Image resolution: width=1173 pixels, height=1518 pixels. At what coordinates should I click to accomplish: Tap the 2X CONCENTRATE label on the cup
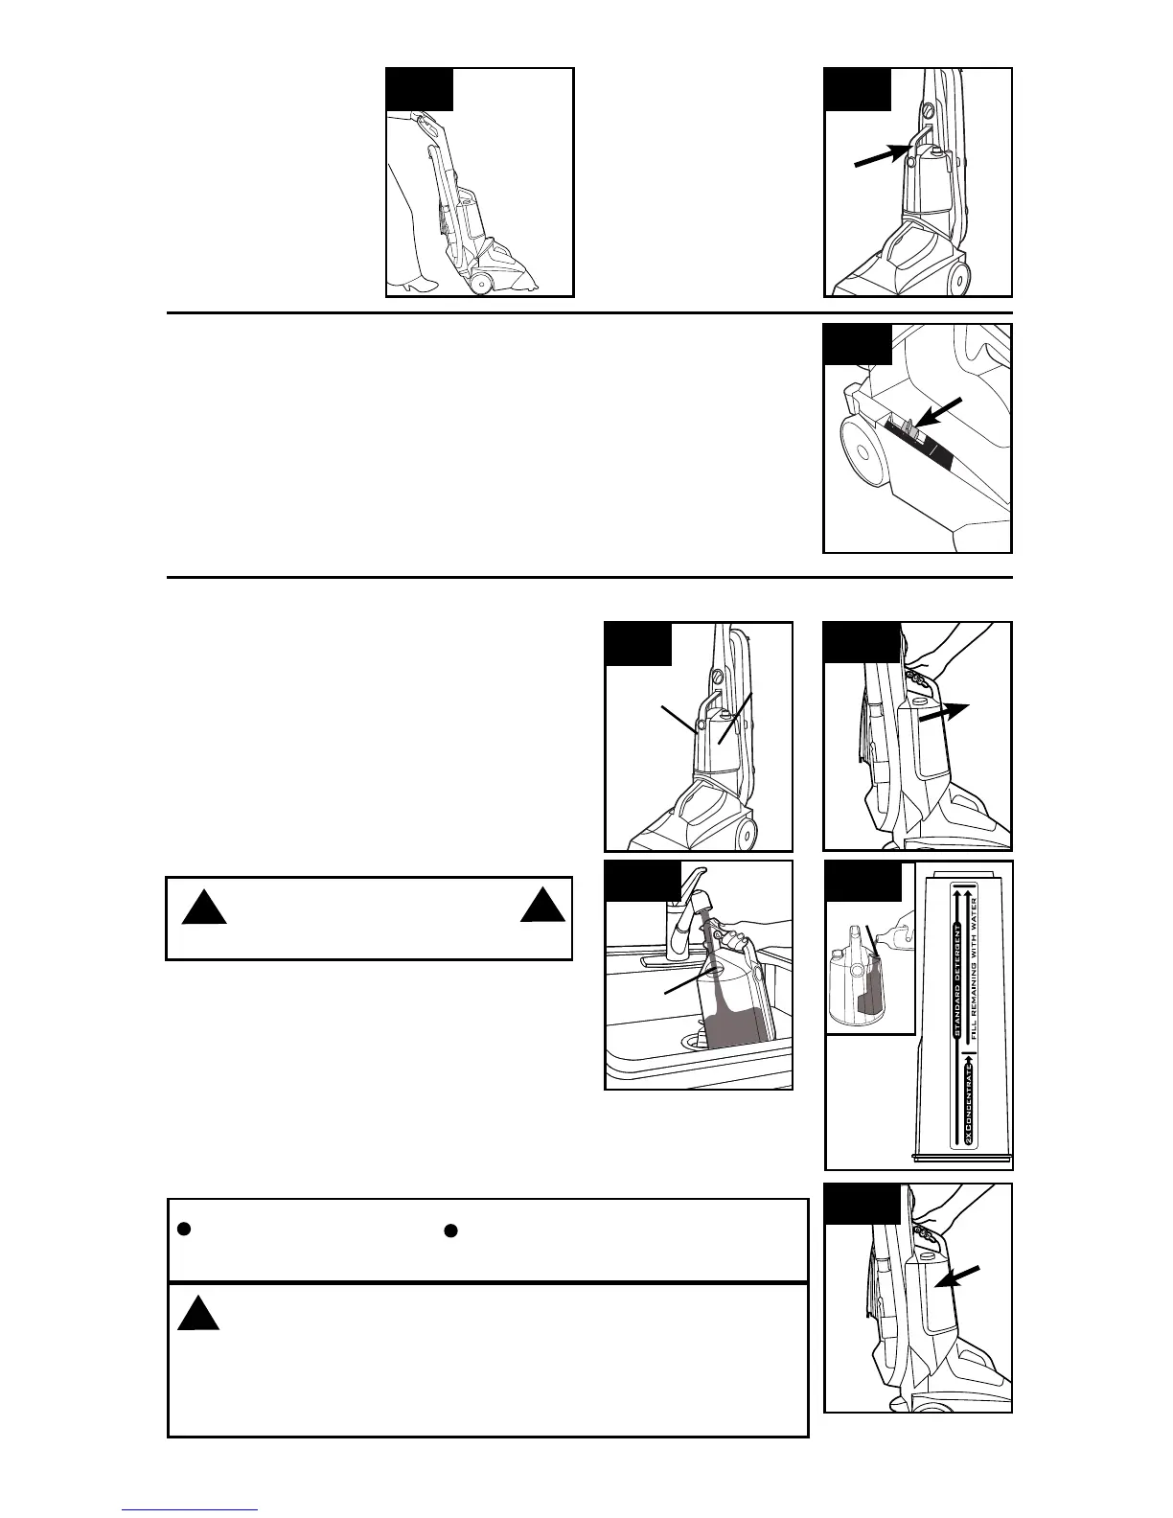[x=969, y=1101]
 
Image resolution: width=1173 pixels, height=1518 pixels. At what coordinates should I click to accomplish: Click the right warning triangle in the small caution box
[x=542, y=906]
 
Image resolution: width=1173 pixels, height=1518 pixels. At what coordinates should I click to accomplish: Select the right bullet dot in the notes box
[x=450, y=1230]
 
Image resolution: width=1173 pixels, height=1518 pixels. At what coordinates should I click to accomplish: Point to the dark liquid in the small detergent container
[x=872, y=997]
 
